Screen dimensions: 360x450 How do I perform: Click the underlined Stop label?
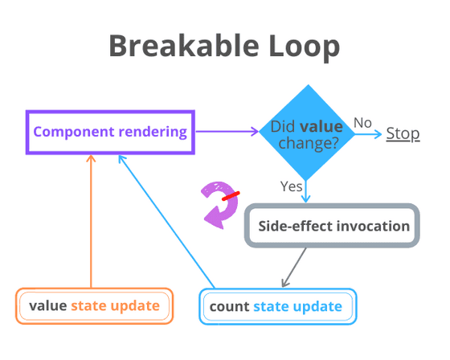pos(403,133)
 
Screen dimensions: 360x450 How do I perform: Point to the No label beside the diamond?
pos(363,122)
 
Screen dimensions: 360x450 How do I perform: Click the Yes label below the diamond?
pos(291,186)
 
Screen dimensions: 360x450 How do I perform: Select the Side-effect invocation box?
pos(333,226)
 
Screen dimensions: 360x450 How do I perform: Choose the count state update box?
pos(276,306)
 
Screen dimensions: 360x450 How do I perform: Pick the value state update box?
pos(94,306)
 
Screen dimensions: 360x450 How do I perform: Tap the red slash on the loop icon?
pos(231,195)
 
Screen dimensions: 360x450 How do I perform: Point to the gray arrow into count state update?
pos(294,267)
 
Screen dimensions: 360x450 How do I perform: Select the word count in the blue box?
pos(230,306)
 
